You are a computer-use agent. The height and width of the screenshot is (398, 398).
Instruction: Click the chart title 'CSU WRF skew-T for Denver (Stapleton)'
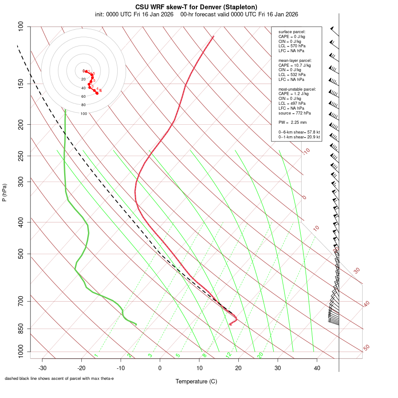(x=196, y=7)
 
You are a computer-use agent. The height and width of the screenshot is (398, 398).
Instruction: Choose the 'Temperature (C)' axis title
(x=196, y=381)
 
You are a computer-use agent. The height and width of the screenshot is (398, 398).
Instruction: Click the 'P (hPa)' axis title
(x=4, y=192)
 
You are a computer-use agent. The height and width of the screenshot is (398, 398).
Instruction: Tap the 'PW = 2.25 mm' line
(x=292, y=122)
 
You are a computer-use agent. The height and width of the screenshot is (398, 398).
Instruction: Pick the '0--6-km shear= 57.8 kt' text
(x=299, y=132)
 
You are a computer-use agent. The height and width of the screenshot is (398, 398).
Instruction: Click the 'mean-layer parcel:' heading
(x=295, y=60)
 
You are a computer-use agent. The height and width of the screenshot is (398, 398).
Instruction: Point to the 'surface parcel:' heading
(x=292, y=32)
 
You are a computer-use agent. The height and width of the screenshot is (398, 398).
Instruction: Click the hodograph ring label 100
(x=84, y=114)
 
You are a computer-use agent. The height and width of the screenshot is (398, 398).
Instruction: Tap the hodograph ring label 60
(x=84, y=96)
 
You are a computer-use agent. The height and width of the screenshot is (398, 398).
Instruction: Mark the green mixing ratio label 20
(x=260, y=355)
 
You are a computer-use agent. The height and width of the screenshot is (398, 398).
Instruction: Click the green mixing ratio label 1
(x=96, y=356)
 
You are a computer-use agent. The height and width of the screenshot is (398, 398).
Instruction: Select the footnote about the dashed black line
(x=59, y=379)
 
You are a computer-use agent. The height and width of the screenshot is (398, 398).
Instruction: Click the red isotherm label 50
(x=366, y=348)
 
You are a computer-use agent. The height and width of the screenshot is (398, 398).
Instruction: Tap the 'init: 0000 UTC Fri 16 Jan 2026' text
(x=134, y=14)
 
